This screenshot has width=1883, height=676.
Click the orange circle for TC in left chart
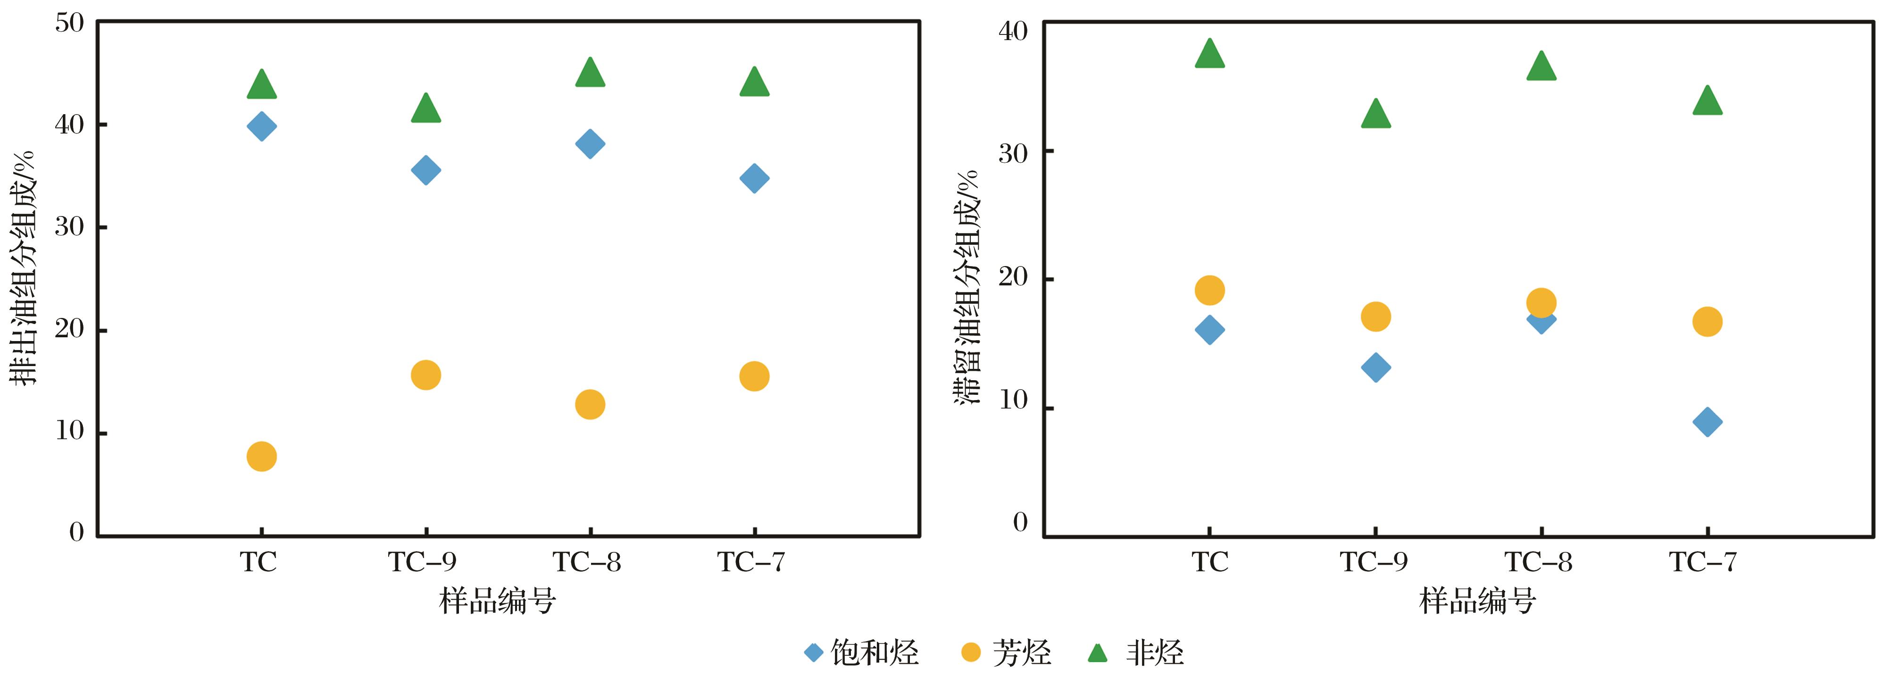click(262, 457)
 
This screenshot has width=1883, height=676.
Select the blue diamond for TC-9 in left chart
click(425, 170)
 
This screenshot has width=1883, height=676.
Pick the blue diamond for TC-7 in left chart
click(754, 178)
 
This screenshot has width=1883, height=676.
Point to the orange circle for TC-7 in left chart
click(754, 376)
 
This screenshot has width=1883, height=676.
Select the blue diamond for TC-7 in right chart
click(1708, 422)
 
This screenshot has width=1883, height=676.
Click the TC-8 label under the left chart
click(587, 562)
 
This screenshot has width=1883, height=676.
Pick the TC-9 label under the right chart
click(1374, 562)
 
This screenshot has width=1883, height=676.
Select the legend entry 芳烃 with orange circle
click(1006, 652)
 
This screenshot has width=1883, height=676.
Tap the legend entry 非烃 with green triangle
click(1137, 652)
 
